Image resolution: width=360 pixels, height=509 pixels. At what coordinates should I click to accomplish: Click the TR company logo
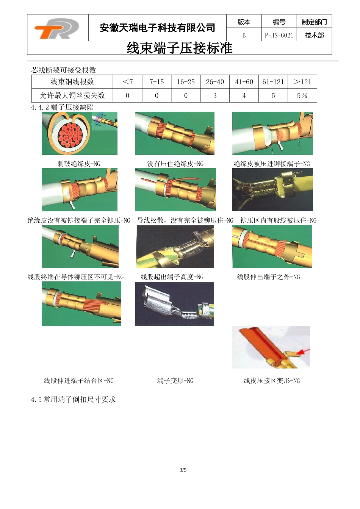point(57,28)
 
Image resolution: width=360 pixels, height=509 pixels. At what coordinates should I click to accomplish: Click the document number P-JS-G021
point(279,35)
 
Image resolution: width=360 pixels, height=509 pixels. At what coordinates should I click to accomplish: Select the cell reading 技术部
point(314,35)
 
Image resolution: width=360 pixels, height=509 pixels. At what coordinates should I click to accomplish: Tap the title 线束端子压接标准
point(179,48)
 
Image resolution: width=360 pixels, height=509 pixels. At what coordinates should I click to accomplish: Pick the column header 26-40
point(215,82)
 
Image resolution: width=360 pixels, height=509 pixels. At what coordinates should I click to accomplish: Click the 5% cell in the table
point(302,95)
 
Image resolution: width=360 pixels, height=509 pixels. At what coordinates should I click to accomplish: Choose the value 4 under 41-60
point(244,96)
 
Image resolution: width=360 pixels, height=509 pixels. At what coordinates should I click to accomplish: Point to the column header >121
point(302,82)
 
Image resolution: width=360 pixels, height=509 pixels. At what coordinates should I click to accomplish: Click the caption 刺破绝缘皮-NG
point(79,164)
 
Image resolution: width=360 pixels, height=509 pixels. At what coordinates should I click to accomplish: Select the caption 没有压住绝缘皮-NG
point(175,164)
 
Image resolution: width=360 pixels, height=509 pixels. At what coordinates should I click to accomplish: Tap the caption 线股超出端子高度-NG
point(172,277)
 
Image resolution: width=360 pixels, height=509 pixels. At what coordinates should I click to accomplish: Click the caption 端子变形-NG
point(175,381)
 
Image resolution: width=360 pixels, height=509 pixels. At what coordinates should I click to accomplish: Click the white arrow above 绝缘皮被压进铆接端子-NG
point(281,145)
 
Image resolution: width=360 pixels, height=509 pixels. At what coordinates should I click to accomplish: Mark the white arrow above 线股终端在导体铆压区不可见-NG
point(73,253)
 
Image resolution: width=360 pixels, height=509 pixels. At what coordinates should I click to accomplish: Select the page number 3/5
point(183,470)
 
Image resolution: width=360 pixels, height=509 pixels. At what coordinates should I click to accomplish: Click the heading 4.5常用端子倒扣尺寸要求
point(73,399)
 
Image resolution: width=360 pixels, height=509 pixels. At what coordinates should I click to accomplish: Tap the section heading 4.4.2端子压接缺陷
point(62,107)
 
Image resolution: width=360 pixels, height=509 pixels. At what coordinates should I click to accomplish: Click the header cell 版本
point(244,22)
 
